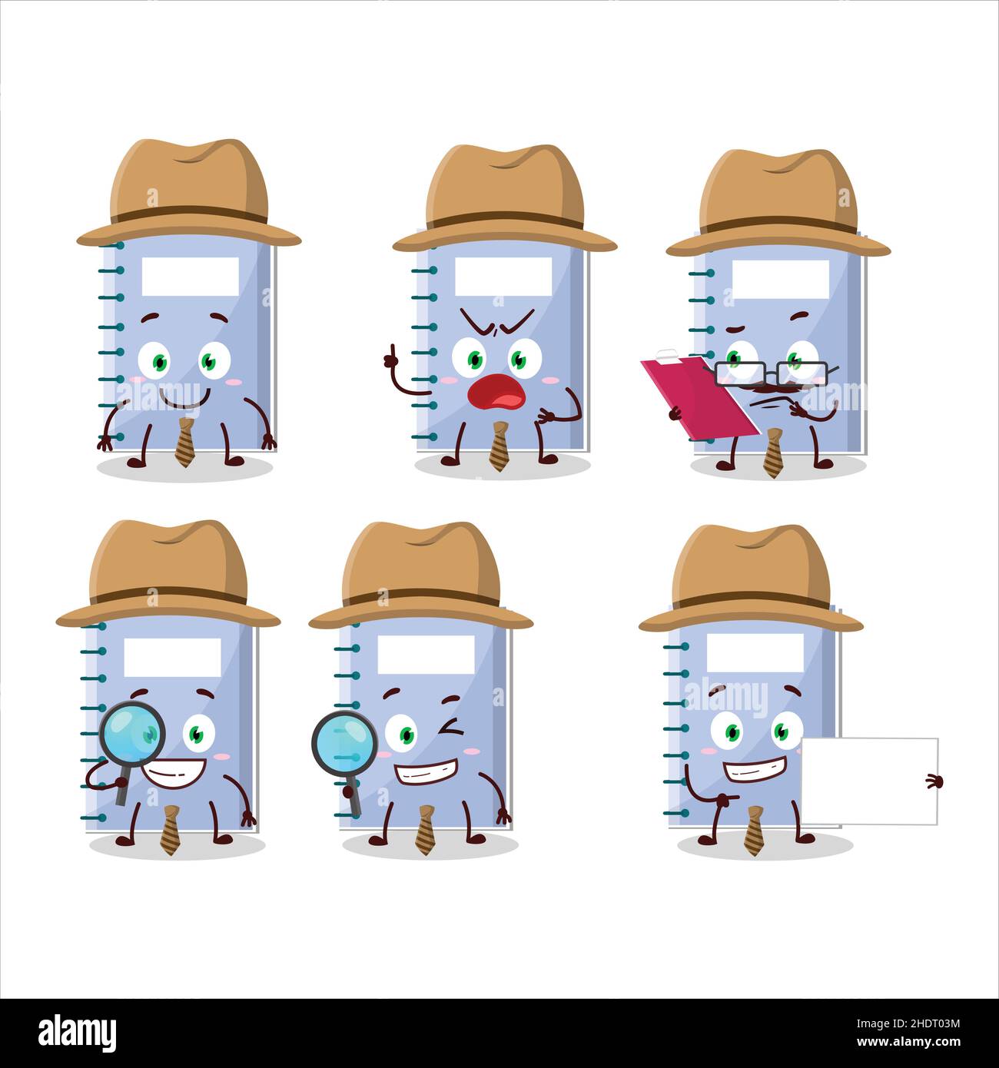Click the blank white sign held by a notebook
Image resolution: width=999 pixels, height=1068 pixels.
point(868,780)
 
